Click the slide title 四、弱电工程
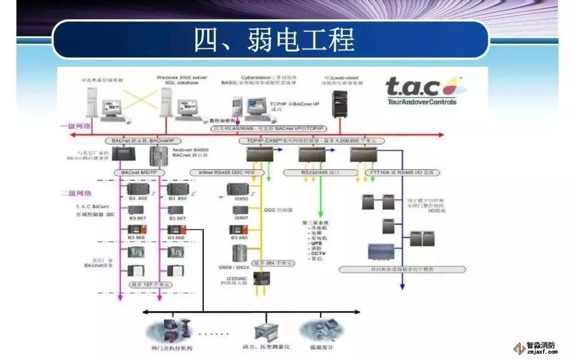coord(274,39)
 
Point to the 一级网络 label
coord(75,126)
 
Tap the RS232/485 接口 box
coord(312,173)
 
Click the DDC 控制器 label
coord(277,210)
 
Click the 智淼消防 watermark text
coord(540,345)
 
